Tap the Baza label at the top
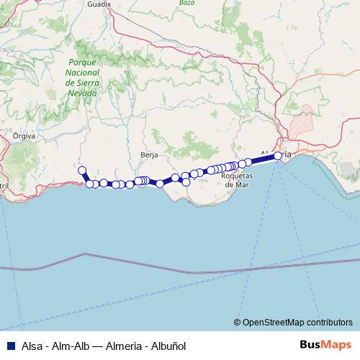coord(186,3)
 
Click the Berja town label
coord(149,155)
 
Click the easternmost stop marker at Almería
coord(278,156)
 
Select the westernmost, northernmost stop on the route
coord(82,171)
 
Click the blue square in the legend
coord(10,346)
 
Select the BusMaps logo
coord(325,345)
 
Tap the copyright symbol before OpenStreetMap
coord(237,322)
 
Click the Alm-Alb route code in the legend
coord(71,346)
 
